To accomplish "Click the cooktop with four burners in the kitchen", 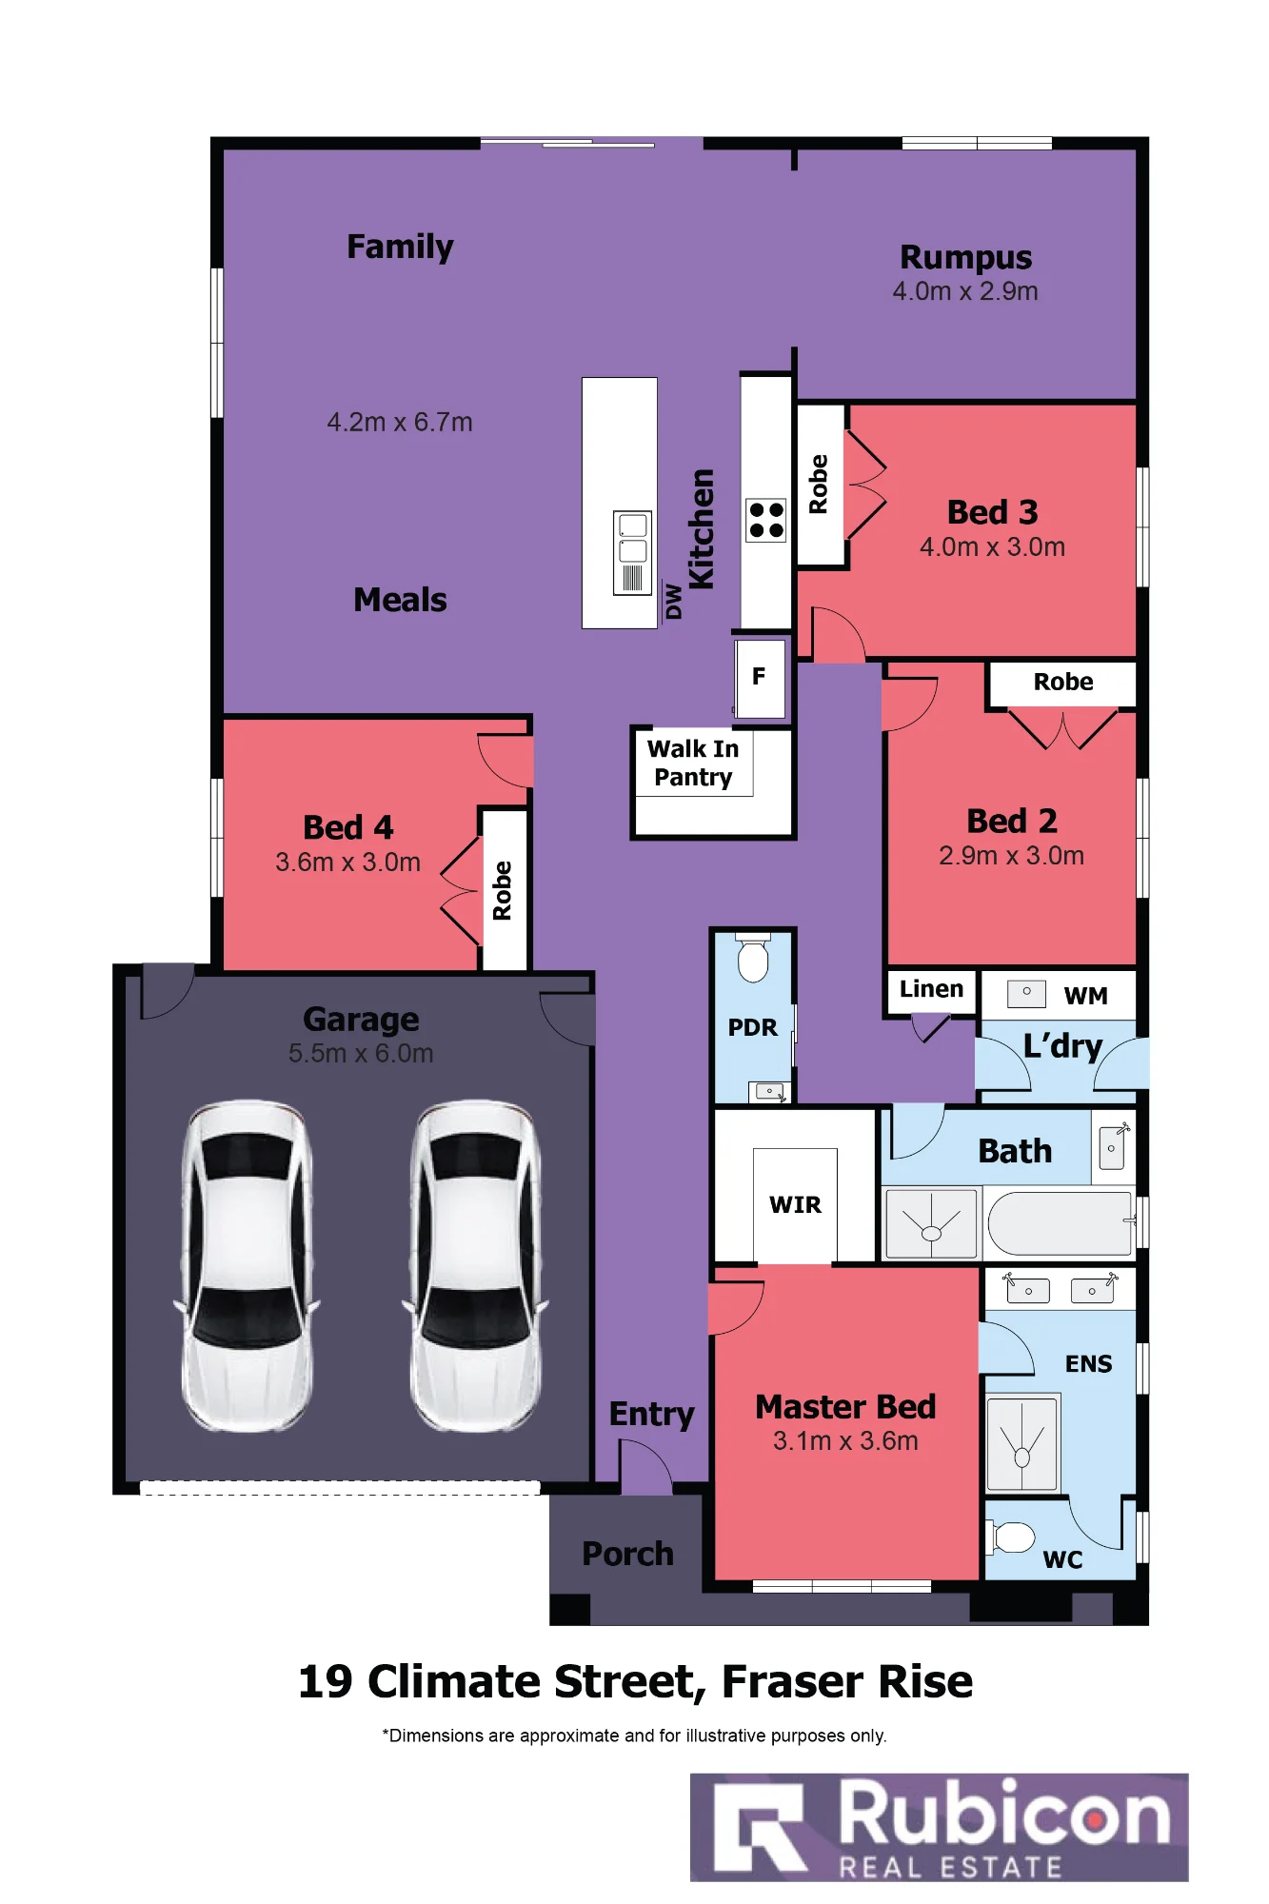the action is pos(766,520).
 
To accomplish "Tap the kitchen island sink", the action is pos(633,553).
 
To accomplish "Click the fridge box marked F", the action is pos(761,677).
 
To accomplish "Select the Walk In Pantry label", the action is pos(693,763).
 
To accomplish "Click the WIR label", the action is pos(795,1205).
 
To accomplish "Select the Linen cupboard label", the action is pos(931,989).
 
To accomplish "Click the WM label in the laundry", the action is pos(1085,996).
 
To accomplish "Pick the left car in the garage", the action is pos(247,1265).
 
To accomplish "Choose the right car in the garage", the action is pos(475,1265).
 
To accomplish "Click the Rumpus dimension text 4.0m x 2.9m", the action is pos(965,291).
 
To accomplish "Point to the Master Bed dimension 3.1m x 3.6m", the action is pos(845,1441).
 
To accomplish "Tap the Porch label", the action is pos(627,1554).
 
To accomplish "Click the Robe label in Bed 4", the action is pos(503,891).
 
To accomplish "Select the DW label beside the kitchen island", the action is pos(674,602).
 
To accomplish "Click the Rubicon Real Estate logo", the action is pos(939,1827).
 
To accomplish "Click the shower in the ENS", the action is pos(1022,1443).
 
